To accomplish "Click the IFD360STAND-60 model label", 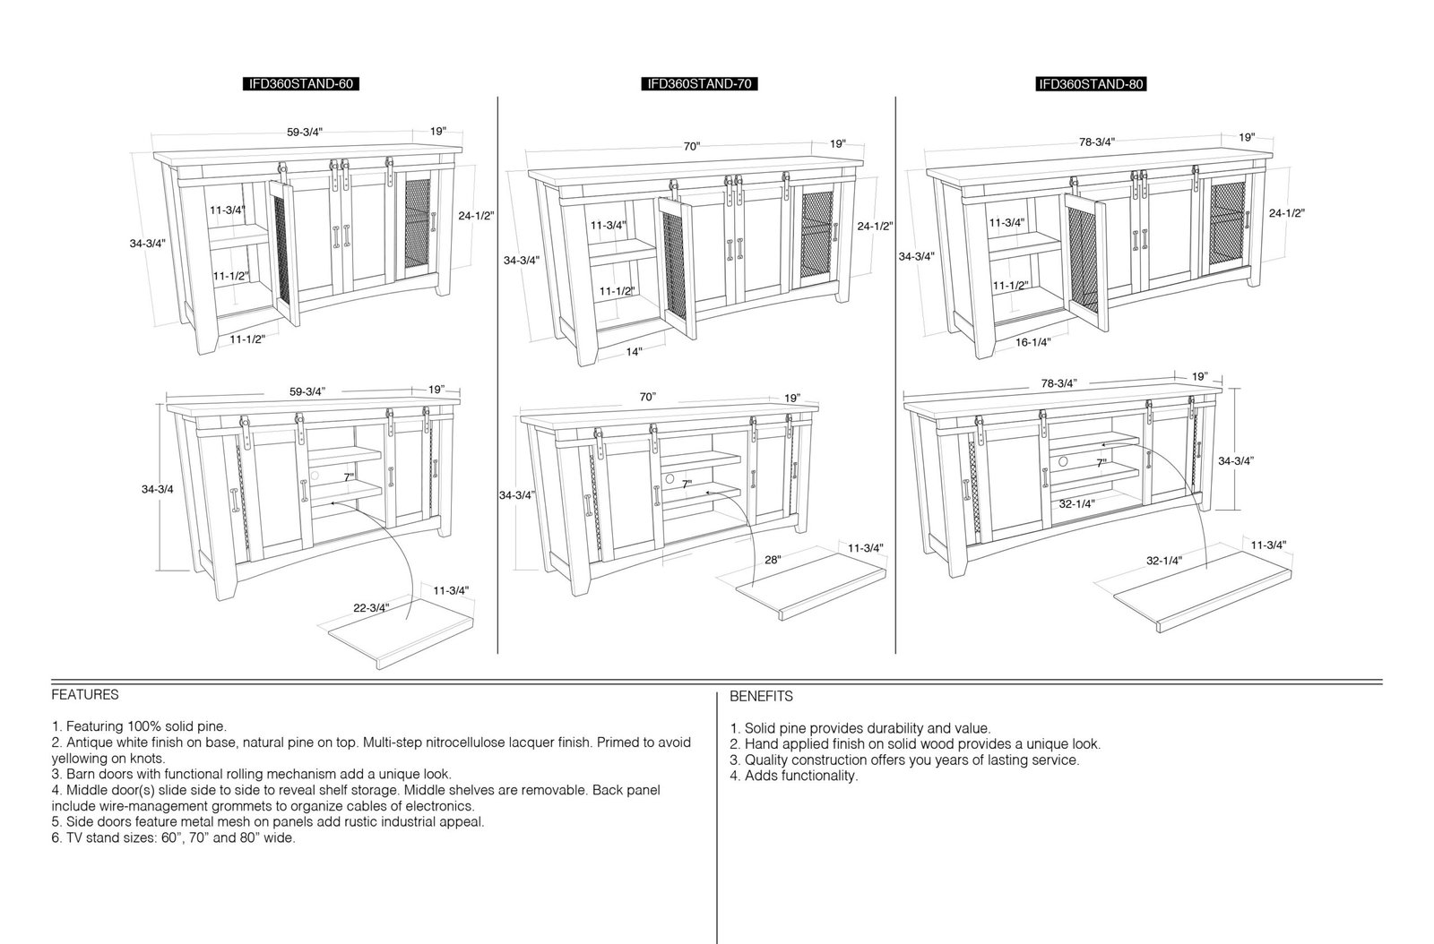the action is coord(300,84).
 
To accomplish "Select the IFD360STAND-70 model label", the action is coord(699,84).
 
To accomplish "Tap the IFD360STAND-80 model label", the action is coord(1091,84).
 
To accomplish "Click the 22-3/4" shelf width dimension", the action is coord(371,607).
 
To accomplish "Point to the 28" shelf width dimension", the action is coord(773,560).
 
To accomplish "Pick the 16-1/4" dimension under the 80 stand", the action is coord(1032,342).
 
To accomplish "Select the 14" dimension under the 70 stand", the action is coord(634,352).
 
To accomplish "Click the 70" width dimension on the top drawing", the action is coord(691,147).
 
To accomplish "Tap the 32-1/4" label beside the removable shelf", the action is coord(1164,561).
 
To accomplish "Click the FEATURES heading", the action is coord(85,695).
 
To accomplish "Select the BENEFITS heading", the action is coord(761,696).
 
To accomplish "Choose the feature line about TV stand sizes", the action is coord(174,837).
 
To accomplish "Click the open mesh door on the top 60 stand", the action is coord(284,252).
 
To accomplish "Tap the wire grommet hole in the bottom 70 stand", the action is coord(669,478).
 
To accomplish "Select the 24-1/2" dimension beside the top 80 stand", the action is coord(1286,213).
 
